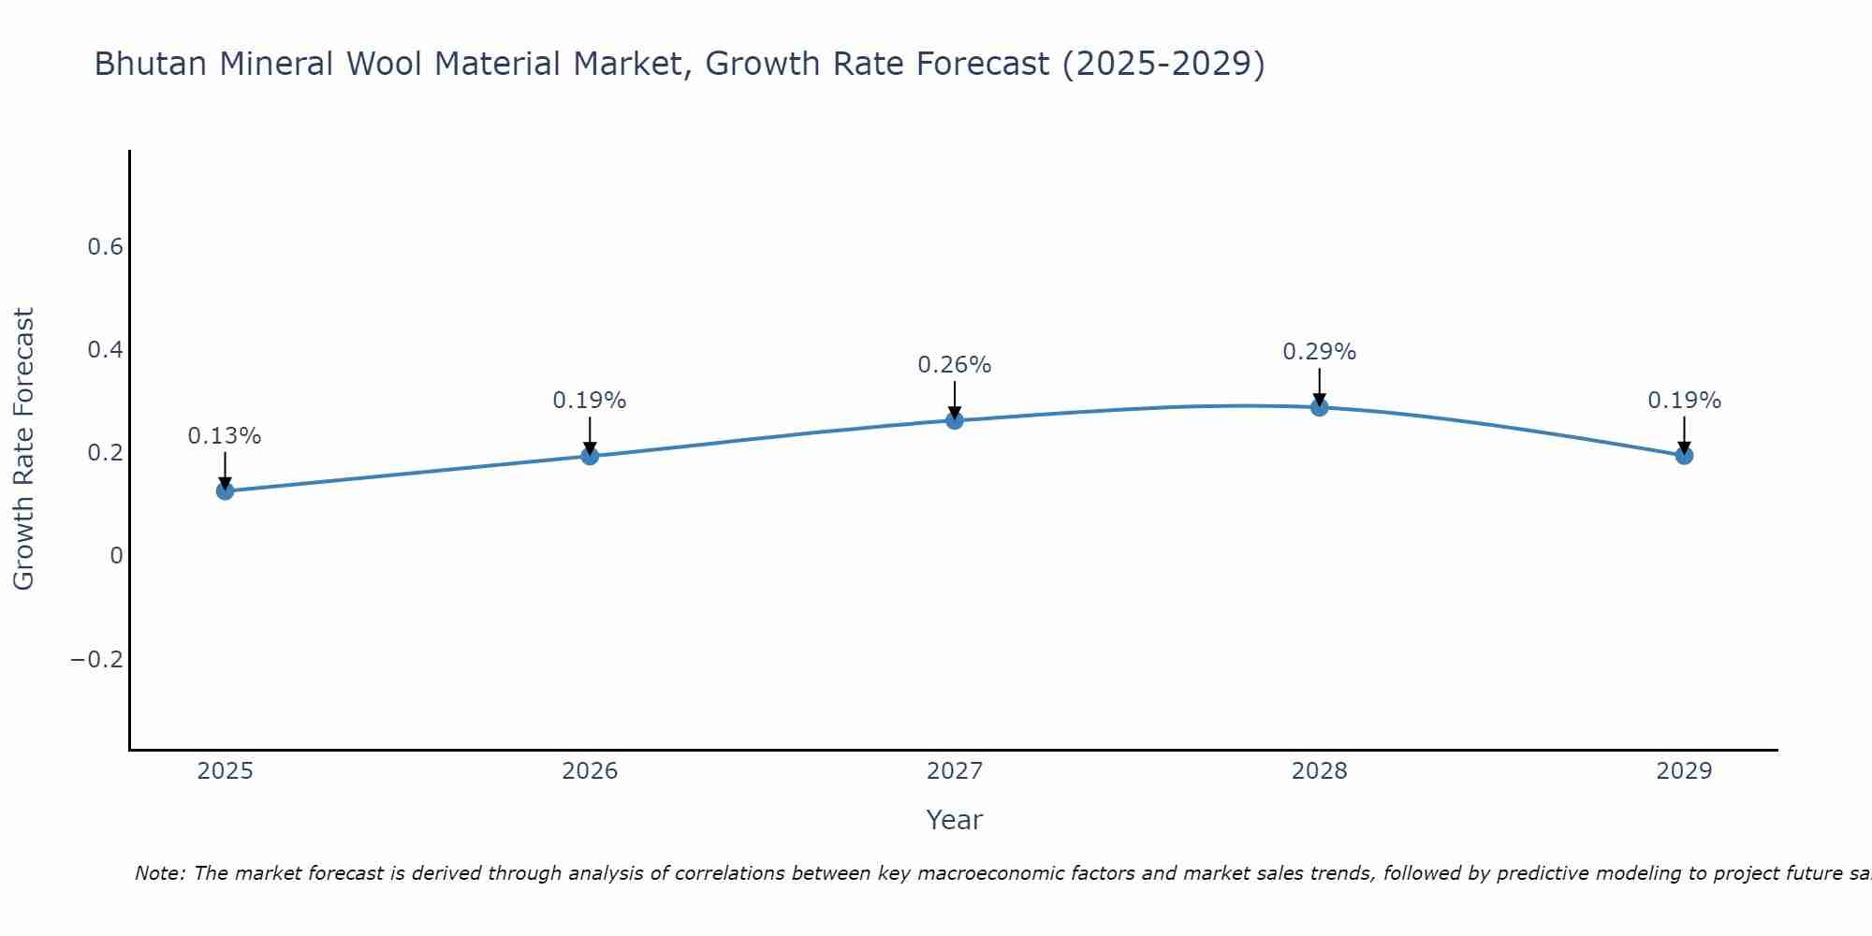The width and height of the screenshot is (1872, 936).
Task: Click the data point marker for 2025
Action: [225, 490]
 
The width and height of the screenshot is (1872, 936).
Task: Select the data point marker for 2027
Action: [954, 420]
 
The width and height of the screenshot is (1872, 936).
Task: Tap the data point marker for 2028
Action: [1319, 407]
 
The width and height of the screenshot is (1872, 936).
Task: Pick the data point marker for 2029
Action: [1684, 456]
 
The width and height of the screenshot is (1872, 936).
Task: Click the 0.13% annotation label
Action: [225, 436]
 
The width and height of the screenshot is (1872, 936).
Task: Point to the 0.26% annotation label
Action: [954, 365]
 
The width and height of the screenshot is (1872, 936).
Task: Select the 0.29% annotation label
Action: [1319, 352]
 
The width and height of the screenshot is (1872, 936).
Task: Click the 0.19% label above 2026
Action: [589, 401]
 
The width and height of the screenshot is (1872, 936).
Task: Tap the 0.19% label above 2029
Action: [1684, 401]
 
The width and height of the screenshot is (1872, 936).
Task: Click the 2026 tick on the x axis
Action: [590, 771]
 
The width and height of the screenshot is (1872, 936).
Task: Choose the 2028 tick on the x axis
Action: [1319, 771]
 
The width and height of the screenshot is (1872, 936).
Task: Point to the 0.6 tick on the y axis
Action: [105, 247]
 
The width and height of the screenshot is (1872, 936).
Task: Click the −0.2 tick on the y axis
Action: [96, 660]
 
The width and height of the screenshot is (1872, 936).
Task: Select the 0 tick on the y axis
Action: [116, 556]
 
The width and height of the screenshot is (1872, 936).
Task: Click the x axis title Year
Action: [954, 821]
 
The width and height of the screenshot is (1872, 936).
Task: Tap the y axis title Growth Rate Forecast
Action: [24, 449]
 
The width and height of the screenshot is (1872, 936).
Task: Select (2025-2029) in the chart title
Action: [1163, 65]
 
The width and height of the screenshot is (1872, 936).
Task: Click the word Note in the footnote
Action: [159, 873]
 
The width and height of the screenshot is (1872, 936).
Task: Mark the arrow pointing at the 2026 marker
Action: [590, 435]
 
